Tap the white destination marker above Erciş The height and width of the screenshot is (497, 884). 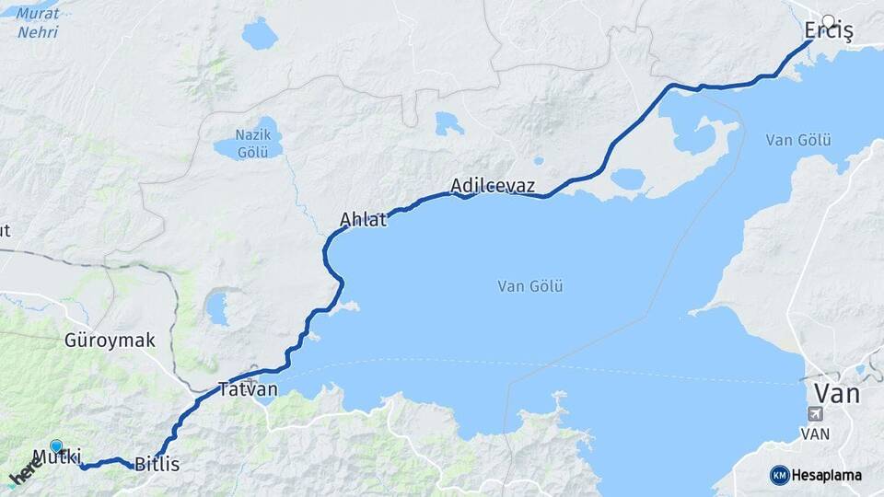(x=828, y=21)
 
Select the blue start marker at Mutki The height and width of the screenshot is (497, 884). (x=56, y=447)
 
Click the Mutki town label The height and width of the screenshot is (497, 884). (x=57, y=457)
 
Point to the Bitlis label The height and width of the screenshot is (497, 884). (x=157, y=465)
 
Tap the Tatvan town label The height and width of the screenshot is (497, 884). (x=248, y=389)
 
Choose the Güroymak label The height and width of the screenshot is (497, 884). (x=110, y=341)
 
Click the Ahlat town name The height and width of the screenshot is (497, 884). (x=363, y=220)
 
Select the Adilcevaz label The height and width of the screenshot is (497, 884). (x=493, y=187)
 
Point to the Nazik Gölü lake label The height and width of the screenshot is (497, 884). (x=251, y=144)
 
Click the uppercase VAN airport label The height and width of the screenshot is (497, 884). (x=817, y=433)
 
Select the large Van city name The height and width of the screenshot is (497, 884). (x=837, y=395)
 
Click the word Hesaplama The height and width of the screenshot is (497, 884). (x=827, y=475)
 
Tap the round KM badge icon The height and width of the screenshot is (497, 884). (x=780, y=475)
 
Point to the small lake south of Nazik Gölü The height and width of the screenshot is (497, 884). (x=216, y=308)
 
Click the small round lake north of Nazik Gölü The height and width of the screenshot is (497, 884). (x=260, y=34)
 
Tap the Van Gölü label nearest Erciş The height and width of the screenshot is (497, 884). (x=797, y=140)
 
